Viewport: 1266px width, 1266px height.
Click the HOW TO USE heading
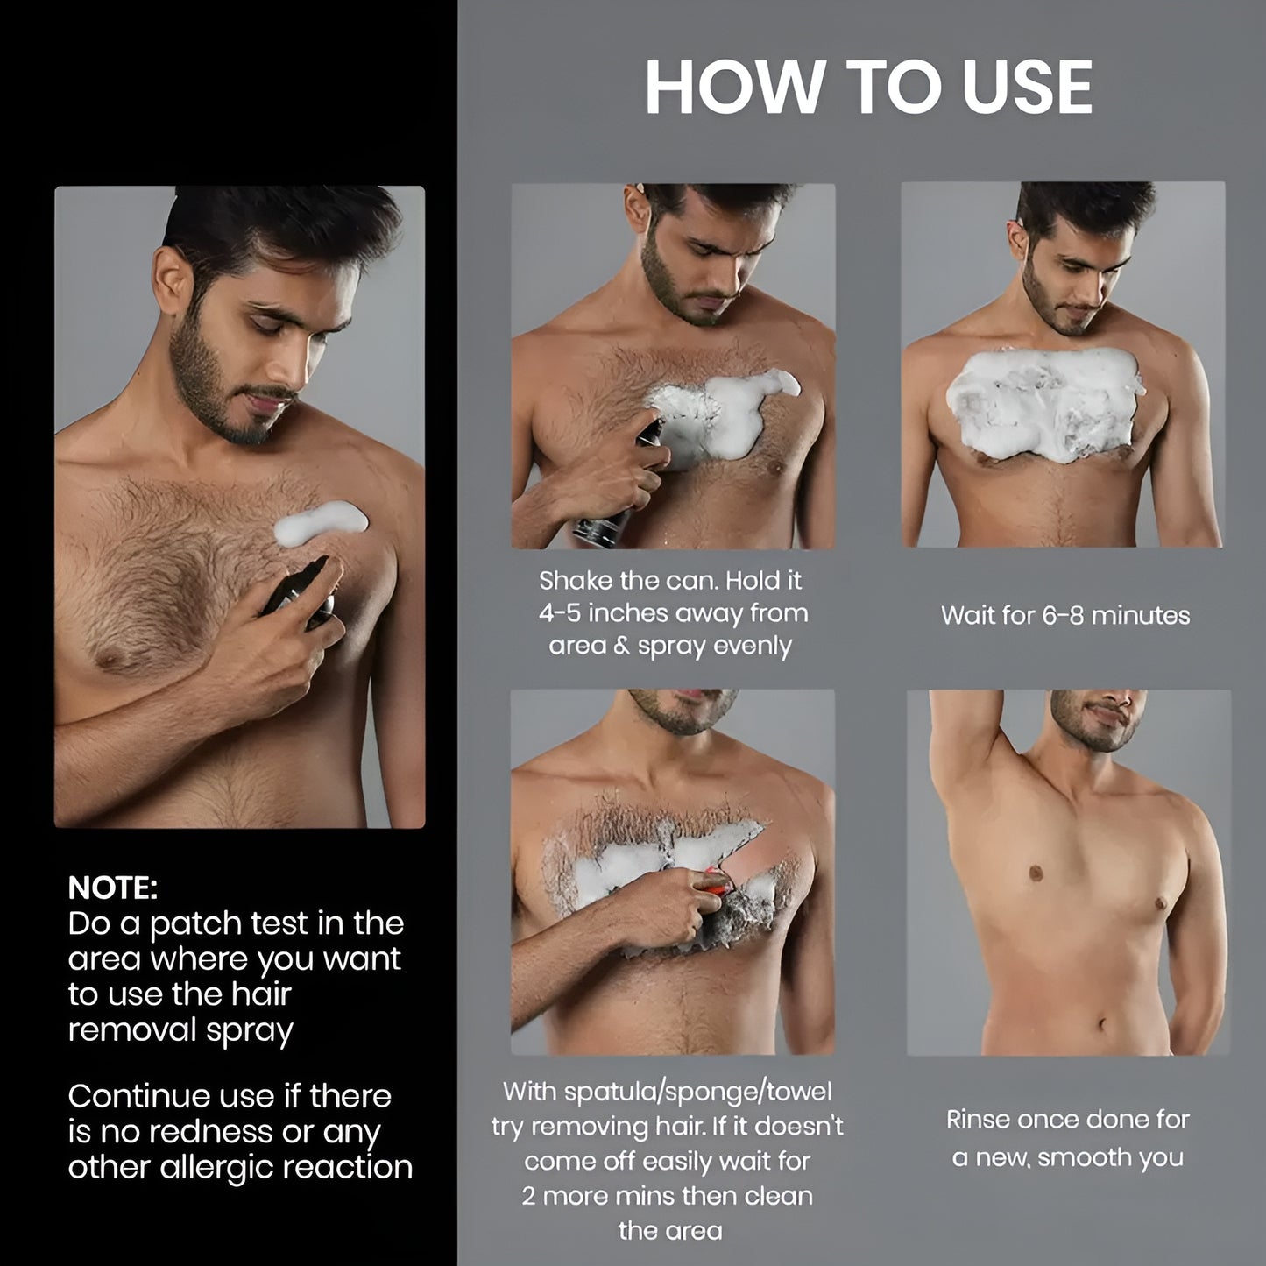coord(868,88)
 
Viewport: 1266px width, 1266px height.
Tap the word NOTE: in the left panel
coord(113,888)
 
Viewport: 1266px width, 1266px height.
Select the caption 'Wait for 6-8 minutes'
coord(1065,615)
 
